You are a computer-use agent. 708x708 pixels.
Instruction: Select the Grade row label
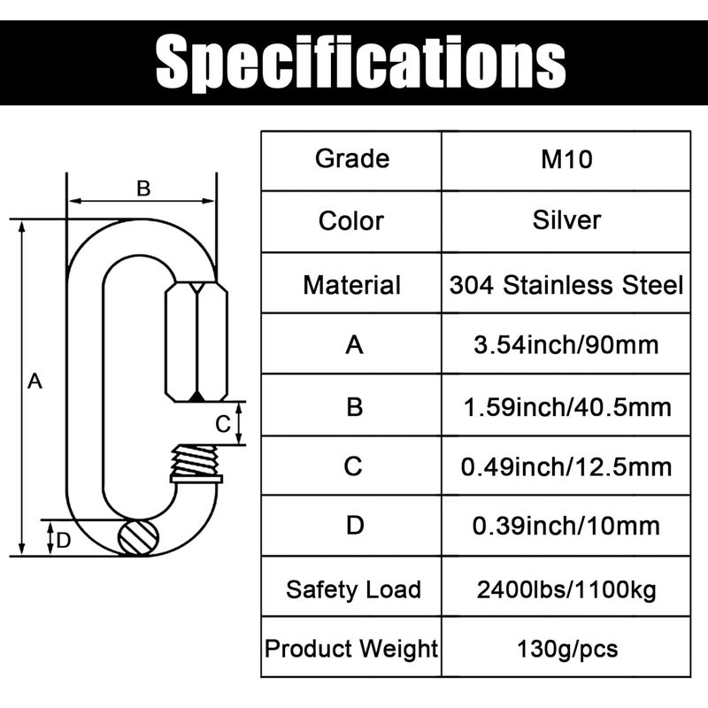coord(351,159)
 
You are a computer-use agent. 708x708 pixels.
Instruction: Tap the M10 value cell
coord(566,159)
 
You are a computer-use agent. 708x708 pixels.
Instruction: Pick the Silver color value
coord(566,219)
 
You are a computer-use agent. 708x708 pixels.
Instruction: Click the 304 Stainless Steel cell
coord(566,285)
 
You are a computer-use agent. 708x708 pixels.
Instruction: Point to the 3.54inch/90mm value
coord(566,344)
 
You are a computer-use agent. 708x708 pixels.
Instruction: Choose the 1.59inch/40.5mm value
coord(566,406)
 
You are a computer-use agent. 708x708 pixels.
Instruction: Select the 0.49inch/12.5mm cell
coord(566,466)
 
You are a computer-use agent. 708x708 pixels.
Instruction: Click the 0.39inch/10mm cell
coord(566,526)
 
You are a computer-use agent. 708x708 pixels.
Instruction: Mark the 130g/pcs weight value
coord(566,650)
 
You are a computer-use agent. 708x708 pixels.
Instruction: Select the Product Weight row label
coord(352,650)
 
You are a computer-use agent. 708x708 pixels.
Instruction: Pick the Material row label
coord(351,285)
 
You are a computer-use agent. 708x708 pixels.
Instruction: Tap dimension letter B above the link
coord(142,188)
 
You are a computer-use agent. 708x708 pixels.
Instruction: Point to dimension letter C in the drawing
coord(224,423)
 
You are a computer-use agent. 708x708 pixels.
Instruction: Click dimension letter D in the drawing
coord(63,541)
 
